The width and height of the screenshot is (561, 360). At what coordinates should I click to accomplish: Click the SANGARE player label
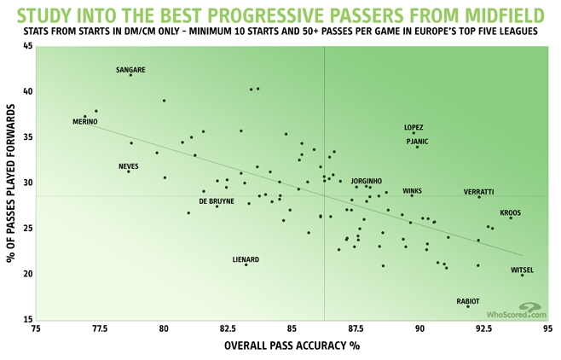click(130, 69)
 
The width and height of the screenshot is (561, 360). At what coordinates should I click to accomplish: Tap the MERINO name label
click(85, 122)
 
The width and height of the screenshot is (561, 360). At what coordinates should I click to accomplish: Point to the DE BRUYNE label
click(217, 201)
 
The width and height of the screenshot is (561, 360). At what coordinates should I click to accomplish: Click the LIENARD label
click(246, 259)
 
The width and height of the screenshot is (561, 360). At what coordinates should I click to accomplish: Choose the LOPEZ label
click(414, 127)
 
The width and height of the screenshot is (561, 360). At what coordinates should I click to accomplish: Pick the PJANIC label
click(417, 141)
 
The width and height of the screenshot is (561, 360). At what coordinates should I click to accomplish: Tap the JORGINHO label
click(367, 181)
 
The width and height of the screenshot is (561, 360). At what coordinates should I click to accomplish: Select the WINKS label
click(412, 191)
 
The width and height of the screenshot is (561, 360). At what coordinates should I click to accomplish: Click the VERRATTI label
click(479, 192)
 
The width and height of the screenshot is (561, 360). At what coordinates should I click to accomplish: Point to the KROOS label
click(511, 212)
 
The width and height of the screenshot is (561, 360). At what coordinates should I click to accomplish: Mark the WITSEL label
click(522, 270)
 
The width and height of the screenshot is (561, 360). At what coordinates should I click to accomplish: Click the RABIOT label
click(468, 301)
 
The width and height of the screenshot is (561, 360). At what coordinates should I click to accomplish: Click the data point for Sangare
click(130, 75)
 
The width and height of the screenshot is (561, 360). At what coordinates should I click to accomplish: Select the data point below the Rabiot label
click(468, 306)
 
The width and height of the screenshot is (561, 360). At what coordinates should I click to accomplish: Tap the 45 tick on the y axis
click(26, 45)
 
